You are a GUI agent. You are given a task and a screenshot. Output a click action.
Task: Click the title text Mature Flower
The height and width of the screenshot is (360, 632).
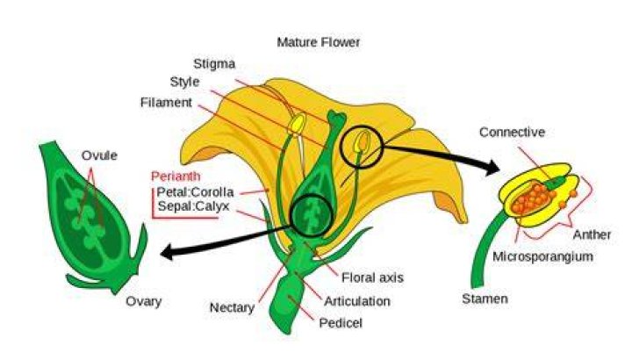pyautogui.click(x=319, y=42)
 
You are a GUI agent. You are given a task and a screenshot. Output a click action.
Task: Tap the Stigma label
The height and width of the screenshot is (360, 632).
pyautogui.click(x=214, y=64)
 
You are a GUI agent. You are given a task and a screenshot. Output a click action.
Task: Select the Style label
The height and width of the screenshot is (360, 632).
pyautogui.click(x=184, y=82)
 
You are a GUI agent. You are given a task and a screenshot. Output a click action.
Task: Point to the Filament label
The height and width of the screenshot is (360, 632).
pyautogui.click(x=166, y=103)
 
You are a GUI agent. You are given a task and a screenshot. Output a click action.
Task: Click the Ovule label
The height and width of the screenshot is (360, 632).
pyautogui.click(x=99, y=155)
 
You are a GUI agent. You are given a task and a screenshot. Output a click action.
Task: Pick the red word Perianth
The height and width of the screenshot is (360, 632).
pyautogui.click(x=176, y=176)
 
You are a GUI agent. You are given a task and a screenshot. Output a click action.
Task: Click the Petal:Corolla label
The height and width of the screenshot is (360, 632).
pyautogui.click(x=195, y=191)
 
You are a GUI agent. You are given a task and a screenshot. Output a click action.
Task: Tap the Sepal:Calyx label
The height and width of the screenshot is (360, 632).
pyautogui.click(x=193, y=206)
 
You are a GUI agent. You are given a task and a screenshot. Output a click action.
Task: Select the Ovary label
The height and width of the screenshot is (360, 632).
pyautogui.click(x=143, y=301)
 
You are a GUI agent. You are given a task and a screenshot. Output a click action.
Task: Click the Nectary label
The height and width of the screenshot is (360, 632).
pyautogui.click(x=232, y=308)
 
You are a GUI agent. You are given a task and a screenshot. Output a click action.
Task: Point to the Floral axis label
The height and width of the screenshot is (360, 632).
pyautogui.click(x=372, y=277)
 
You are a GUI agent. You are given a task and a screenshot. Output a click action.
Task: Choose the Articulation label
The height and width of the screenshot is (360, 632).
pyautogui.click(x=357, y=301)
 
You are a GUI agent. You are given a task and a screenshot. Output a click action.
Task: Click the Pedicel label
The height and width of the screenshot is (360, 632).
pyautogui.click(x=341, y=323)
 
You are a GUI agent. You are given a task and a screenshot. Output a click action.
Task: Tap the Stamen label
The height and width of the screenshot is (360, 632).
pyautogui.click(x=485, y=299)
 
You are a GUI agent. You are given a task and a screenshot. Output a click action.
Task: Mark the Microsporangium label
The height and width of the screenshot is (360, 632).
pyautogui.click(x=542, y=256)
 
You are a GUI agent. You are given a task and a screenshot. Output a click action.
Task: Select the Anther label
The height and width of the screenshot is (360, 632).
pyautogui.click(x=592, y=234)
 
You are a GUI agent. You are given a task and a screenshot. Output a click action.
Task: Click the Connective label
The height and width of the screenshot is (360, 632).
pyautogui.click(x=512, y=133)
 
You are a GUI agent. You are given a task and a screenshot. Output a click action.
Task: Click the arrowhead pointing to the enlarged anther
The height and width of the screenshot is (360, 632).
pyautogui.click(x=492, y=167)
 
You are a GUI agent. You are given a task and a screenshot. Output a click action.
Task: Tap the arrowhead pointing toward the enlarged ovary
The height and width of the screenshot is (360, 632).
pyautogui.click(x=168, y=252)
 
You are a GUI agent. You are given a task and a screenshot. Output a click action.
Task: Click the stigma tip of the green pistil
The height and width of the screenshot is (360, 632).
pyautogui.click(x=337, y=117)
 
